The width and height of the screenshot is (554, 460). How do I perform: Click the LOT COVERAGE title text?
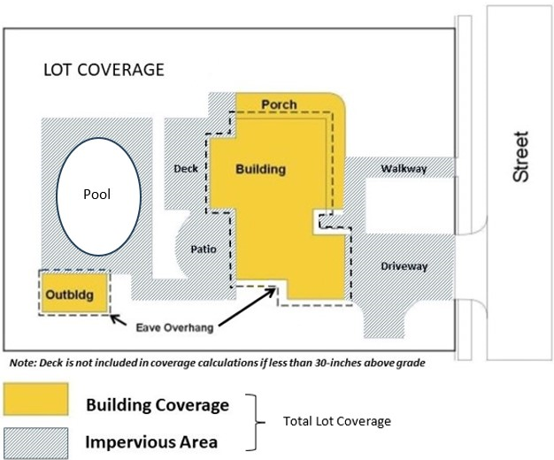(x=104, y=70)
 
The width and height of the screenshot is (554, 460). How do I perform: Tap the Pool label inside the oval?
(x=96, y=194)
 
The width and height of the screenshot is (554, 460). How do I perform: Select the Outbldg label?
(x=70, y=295)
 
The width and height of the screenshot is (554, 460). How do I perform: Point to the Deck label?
(x=186, y=169)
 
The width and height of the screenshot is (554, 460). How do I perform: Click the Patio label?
(x=204, y=249)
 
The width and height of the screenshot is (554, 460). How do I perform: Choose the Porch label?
(x=279, y=104)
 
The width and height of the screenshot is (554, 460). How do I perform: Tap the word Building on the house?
(x=261, y=169)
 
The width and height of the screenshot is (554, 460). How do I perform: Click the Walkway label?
(x=404, y=169)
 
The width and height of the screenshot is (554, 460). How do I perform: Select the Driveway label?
(x=404, y=266)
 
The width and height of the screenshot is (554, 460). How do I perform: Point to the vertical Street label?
(x=520, y=157)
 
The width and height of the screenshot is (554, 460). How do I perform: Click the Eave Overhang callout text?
(x=175, y=328)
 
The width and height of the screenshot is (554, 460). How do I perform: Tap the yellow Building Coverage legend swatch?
(x=35, y=399)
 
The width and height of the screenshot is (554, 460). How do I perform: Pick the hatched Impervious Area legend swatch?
(x=35, y=443)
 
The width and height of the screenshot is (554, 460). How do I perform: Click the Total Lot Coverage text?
(x=337, y=421)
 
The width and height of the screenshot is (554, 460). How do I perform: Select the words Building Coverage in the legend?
(x=158, y=405)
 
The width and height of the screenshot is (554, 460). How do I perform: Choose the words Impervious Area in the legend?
(x=151, y=442)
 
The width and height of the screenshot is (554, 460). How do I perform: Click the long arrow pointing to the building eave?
(x=247, y=307)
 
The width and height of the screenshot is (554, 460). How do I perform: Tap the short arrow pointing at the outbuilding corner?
(x=119, y=320)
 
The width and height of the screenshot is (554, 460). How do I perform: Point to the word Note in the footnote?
(x=22, y=363)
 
